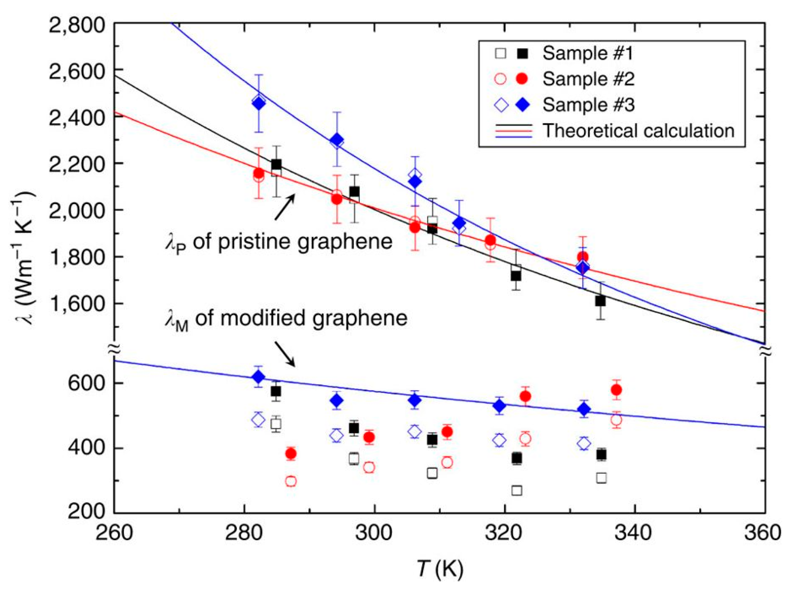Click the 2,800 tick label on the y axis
[77, 27]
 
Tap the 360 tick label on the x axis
[762, 533]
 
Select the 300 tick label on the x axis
[374, 533]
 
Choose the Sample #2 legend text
[588, 79]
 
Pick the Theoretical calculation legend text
[638, 131]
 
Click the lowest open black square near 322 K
[516, 490]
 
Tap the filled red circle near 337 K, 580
[616, 390]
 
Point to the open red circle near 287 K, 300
[291, 481]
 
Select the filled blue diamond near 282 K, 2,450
[259, 104]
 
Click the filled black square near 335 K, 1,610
[600, 301]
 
